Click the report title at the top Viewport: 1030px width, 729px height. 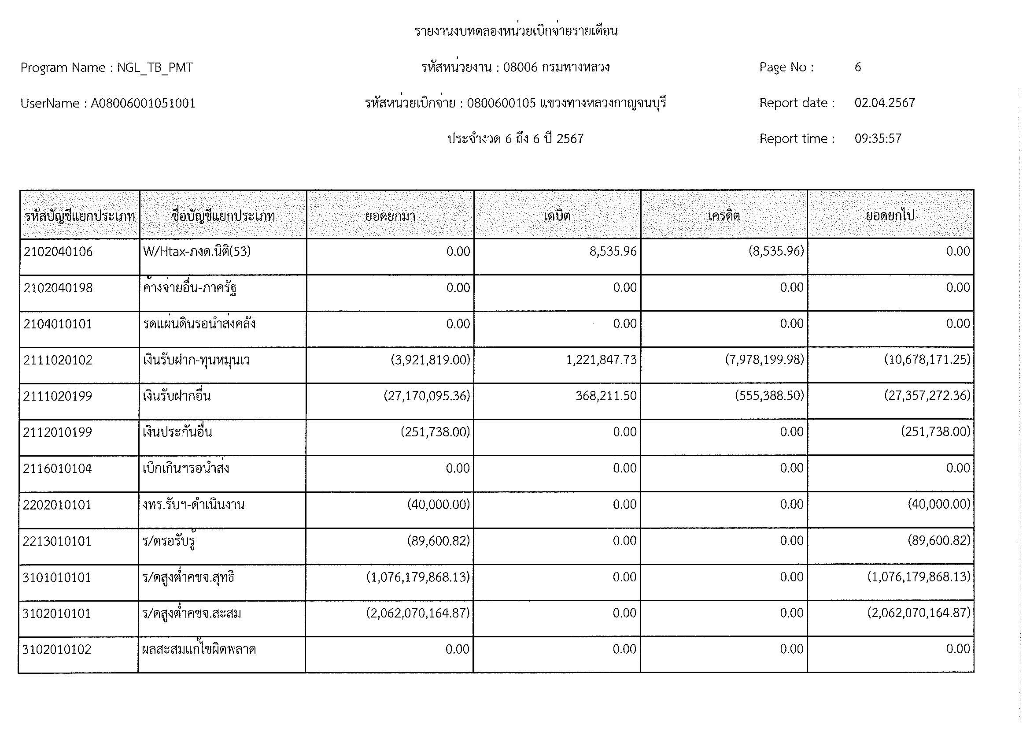(516, 31)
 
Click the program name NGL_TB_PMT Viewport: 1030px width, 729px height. (155, 68)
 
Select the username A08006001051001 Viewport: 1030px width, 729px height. (143, 104)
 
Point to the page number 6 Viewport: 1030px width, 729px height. (857, 67)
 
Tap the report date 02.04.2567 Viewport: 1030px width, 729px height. (884, 103)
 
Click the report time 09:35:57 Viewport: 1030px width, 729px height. (878, 138)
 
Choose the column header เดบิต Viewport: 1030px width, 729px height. (557, 216)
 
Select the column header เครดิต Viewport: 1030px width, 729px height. (724, 216)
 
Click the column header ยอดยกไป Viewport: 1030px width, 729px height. (890, 216)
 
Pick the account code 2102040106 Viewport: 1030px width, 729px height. (58, 252)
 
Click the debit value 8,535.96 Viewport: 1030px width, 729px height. (613, 251)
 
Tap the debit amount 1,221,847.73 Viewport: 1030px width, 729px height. (601, 360)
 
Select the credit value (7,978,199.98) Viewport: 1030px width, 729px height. (764, 360)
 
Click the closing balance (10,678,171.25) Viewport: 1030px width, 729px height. (927, 360)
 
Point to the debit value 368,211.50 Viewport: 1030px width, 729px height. (606, 396)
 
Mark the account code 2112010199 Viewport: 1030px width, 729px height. (57, 432)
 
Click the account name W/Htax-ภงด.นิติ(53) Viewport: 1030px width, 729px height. (196, 252)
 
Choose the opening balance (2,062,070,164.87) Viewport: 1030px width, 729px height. (417, 613)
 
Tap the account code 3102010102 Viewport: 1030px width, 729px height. (57, 650)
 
